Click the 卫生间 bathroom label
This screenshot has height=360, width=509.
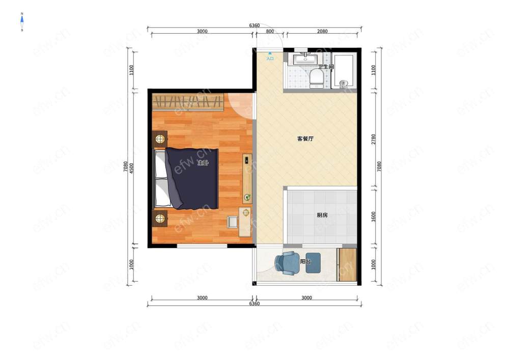pyautogui.click(x=326, y=67)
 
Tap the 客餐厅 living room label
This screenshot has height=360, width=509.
pyautogui.click(x=305, y=139)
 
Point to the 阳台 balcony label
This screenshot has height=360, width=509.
pyautogui.click(x=305, y=261)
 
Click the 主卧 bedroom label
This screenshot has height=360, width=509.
pyautogui.click(x=203, y=163)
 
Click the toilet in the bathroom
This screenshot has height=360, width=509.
pyautogui.click(x=316, y=78)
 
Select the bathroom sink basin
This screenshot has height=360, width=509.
pyautogui.click(x=305, y=59)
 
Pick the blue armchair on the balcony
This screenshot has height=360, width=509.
pyautogui.click(x=288, y=263)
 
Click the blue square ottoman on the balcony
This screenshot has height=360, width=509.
pyautogui.click(x=313, y=263)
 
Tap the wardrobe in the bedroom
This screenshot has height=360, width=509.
pyautogui.click(x=188, y=102)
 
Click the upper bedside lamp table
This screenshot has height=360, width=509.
pyautogui.click(x=160, y=139)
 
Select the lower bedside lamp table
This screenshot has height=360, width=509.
pyautogui.click(x=160, y=218)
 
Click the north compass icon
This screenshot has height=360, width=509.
pyautogui.click(x=22, y=22)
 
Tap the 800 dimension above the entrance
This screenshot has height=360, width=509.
pyautogui.click(x=270, y=32)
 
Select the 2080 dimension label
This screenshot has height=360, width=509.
pyautogui.click(x=322, y=32)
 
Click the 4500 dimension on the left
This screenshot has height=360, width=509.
pyautogui.click(x=131, y=168)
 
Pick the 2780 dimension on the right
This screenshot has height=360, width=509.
pyautogui.click(x=373, y=139)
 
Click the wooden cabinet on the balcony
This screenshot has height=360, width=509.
pyautogui.click(x=347, y=265)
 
